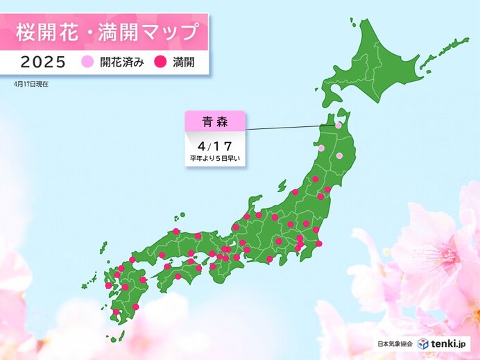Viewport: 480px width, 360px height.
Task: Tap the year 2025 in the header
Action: [x=43, y=62]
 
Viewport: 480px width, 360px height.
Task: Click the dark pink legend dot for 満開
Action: [x=158, y=62]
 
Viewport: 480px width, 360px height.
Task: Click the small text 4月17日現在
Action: [x=30, y=83]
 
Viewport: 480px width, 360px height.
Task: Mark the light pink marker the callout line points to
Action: [x=338, y=126]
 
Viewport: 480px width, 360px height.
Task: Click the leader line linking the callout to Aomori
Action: [x=291, y=128]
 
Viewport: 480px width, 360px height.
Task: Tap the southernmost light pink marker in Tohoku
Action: [x=339, y=155]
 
